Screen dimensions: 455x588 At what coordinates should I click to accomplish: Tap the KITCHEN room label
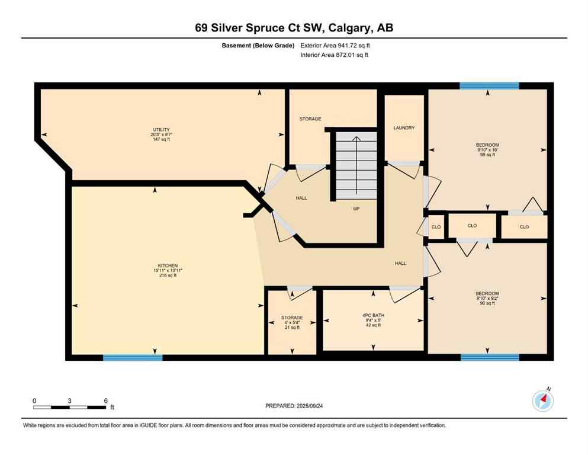point(168,265)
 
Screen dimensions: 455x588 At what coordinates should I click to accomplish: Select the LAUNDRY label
point(404,128)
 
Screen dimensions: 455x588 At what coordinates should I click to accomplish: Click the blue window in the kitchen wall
point(133,357)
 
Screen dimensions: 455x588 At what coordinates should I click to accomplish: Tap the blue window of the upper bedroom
point(489,86)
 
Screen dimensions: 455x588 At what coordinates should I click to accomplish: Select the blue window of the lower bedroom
point(490,357)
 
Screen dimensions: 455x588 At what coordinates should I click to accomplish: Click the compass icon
point(542,401)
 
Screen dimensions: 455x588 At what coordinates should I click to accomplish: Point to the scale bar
point(70,407)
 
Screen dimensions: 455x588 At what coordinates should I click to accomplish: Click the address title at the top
point(294,28)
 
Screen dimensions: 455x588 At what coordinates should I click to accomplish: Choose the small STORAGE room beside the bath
point(292,322)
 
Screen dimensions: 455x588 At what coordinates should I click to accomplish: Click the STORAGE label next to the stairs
point(310,119)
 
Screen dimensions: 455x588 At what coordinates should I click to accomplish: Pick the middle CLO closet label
point(472,226)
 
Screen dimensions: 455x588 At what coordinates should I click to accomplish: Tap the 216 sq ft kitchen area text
point(168,275)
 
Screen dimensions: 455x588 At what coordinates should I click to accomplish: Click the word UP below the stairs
point(356,209)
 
